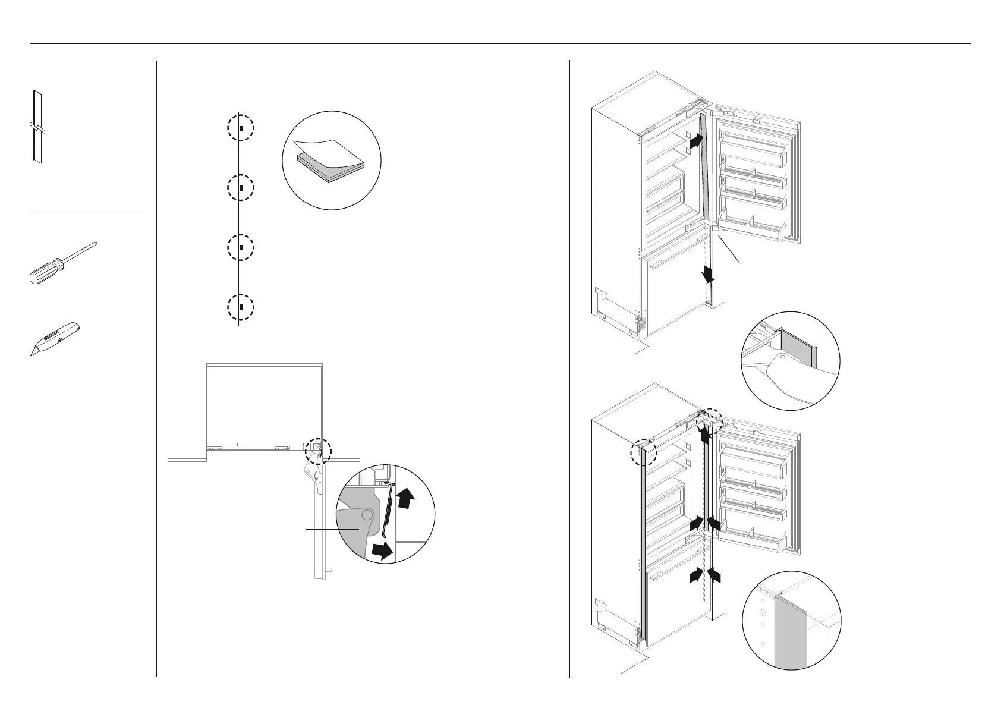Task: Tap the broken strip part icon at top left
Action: click(37, 127)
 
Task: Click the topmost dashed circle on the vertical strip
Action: click(241, 128)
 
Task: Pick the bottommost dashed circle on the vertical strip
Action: click(241, 308)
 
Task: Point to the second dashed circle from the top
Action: click(241, 187)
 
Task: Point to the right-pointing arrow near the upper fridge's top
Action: click(695, 141)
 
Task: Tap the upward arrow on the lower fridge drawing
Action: click(705, 435)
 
